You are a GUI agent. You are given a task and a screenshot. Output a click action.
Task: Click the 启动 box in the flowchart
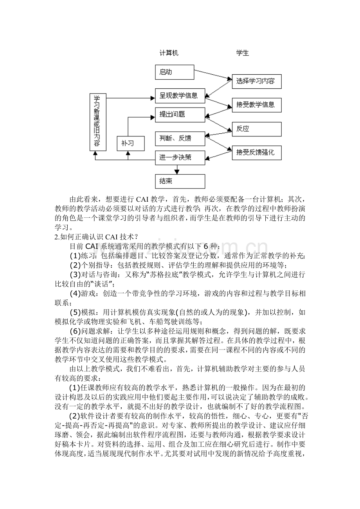coord(175,72)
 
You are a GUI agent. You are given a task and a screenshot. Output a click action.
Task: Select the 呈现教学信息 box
coord(180,95)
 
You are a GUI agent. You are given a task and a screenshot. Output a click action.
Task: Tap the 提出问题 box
coord(180,115)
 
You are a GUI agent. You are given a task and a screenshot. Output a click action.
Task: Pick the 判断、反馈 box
coord(180,138)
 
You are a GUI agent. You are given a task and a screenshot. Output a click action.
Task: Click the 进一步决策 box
coord(180,158)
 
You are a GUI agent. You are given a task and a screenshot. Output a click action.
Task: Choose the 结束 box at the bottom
coord(180,181)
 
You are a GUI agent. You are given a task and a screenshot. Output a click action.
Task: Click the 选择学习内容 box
coord(256,82)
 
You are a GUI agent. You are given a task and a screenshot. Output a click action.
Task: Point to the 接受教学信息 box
coord(256,105)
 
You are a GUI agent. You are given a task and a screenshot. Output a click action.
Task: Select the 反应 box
coord(256,129)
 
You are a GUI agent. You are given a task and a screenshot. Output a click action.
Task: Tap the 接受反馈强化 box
coord(256,152)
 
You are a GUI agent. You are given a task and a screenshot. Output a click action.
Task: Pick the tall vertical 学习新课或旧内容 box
coord(97,122)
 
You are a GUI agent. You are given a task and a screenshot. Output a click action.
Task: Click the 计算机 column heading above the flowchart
coord(169,53)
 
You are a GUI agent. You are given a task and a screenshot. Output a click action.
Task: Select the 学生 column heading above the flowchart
coord(242,53)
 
